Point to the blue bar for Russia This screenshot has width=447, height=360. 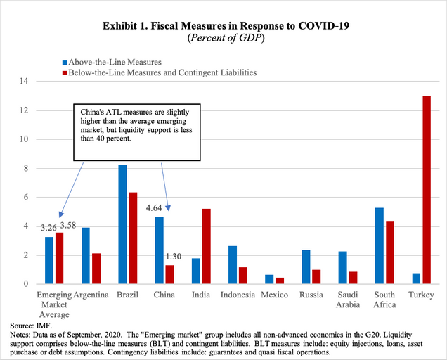coord(306,266)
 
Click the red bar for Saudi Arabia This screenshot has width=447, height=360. coord(353,277)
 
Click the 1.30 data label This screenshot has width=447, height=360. coord(173,257)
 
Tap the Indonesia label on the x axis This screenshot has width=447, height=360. coord(234,295)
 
